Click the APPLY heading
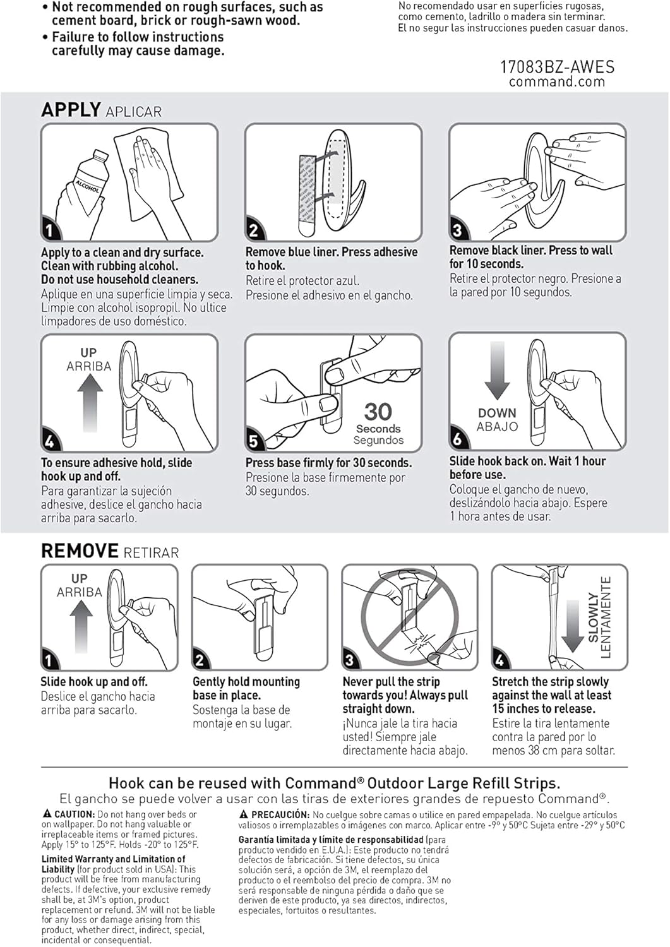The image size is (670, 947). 71,110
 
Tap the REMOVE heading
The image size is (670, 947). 80,551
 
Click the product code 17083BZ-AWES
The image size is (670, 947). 557,67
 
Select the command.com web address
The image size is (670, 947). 557,81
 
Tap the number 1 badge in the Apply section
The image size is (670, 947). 50,230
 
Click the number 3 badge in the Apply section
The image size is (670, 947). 457,230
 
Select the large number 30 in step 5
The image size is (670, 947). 378,412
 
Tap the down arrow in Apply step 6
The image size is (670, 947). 497,371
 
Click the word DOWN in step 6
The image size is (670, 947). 497,413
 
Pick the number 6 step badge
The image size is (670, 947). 457,439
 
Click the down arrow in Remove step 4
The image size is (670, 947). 572,626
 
